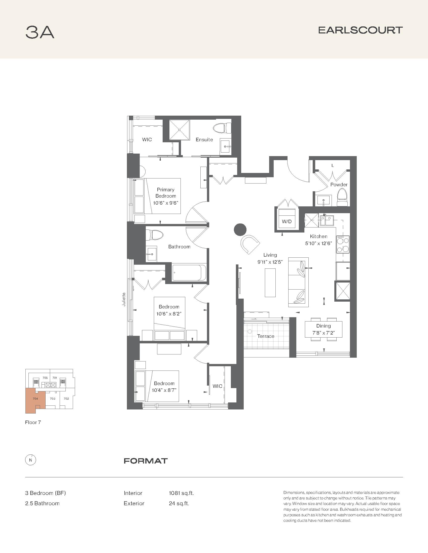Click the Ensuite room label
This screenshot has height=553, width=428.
click(x=204, y=140)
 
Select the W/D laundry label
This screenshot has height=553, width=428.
click(x=287, y=221)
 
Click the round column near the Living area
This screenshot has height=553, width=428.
click(x=240, y=230)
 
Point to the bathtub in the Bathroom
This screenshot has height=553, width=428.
click(x=189, y=272)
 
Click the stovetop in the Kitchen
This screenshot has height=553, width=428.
click(x=343, y=244)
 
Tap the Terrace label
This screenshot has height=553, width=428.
click(x=265, y=336)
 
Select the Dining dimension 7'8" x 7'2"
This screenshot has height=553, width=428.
click(x=323, y=333)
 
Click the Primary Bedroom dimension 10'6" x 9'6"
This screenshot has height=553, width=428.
click(x=166, y=203)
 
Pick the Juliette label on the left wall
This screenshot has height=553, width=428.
click(x=124, y=299)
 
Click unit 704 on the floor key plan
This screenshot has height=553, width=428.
click(x=35, y=399)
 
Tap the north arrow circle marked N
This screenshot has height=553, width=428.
click(x=31, y=460)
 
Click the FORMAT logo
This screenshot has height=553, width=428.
click(x=146, y=461)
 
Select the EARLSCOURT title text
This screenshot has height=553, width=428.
click(x=360, y=30)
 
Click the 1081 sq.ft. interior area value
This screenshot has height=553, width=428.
click(x=181, y=493)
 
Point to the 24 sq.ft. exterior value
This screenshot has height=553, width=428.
click(x=179, y=503)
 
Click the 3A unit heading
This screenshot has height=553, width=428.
click(x=40, y=32)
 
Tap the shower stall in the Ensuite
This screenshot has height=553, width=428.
click(x=180, y=130)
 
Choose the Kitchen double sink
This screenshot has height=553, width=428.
click(x=327, y=220)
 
